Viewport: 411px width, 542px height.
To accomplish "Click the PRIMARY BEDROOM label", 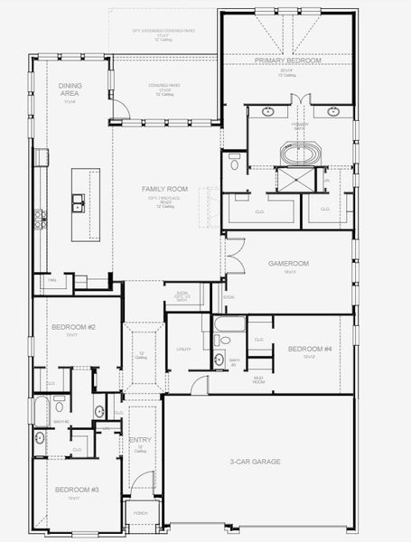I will [288, 61].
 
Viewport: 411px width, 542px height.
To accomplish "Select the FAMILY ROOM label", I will [164, 189].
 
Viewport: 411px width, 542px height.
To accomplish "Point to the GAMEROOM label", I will [288, 264].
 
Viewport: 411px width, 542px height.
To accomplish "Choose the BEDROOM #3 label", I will [70, 490].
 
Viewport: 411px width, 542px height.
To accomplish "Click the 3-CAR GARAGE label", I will [255, 462].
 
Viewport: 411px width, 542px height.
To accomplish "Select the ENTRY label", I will [140, 442].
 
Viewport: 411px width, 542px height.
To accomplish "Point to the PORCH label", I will [141, 512].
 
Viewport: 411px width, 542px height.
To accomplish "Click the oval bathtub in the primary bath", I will [299, 154].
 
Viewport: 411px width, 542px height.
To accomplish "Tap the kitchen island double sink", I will [79, 202].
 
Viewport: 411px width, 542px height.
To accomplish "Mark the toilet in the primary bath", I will [234, 164].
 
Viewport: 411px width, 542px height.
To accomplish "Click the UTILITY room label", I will [183, 348].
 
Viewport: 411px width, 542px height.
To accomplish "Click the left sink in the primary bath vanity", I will [268, 113].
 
